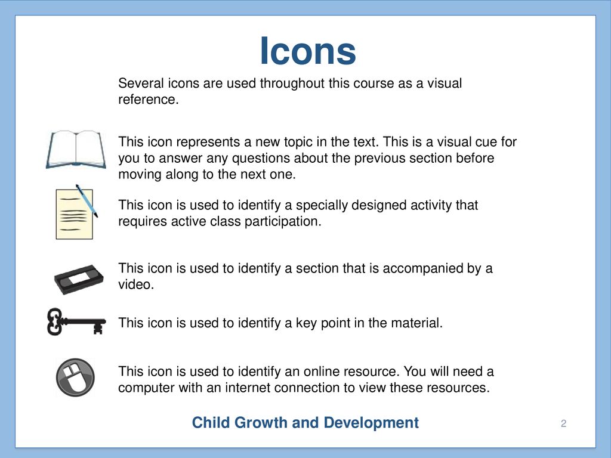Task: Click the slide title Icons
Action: tap(308, 51)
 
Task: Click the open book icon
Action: tap(76, 150)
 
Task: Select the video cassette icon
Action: tap(79, 279)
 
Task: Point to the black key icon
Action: tap(76, 321)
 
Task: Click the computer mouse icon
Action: tap(75, 377)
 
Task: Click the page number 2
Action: tap(563, 423)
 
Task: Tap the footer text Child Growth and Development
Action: tap(305, 423)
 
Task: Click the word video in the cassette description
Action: tap(136, 284)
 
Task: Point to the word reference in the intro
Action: tap(149, 100)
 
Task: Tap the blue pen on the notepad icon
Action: tap(87, 200)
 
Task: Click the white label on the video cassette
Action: tap(79, 277)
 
